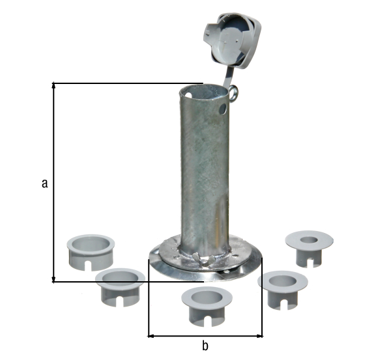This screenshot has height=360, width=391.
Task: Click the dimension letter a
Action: tap(44, 183)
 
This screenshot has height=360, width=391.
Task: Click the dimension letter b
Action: tap(205, 346)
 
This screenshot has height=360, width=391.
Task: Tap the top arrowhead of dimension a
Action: tap(53, 85)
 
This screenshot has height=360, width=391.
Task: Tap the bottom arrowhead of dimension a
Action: tap(53, 279)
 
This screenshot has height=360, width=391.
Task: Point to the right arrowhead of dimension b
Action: tap(259, 336)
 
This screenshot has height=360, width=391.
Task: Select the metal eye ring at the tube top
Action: tap(234, 94)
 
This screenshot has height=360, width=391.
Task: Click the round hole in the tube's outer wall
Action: tap(222, 109)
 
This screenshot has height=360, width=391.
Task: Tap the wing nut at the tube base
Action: tap(203, 258)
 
